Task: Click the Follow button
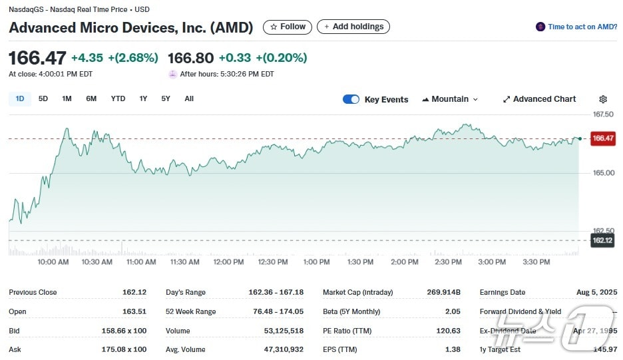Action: click(288, 27)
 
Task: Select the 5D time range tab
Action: click(43, 98)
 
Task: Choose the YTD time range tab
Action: click(118, 98)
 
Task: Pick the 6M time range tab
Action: click(91, 98)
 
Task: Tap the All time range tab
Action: click(189, 98)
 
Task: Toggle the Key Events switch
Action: click(351, 99)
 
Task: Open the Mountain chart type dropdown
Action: click(450, 99)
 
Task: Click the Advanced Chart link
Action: click(539, 99)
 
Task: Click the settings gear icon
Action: click(603, 99)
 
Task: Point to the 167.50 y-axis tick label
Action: click(602, 114)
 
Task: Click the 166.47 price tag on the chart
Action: click(602, 138)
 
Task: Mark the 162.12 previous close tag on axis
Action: click(602, 240)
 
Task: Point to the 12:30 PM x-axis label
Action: click(272, 262)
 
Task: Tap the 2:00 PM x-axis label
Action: click(404, 262)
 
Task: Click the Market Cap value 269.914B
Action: click(443, 292)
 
